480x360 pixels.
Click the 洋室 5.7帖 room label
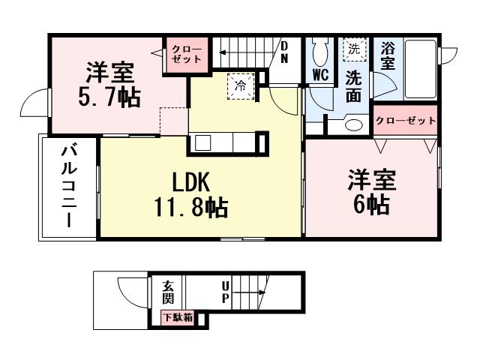[109, 85]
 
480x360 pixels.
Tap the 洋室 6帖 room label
[368, 193]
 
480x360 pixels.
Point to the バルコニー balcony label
[69, 187]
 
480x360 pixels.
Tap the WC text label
[320, 75]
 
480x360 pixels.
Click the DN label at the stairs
[285, 55]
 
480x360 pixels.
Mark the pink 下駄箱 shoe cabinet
[178, 317]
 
